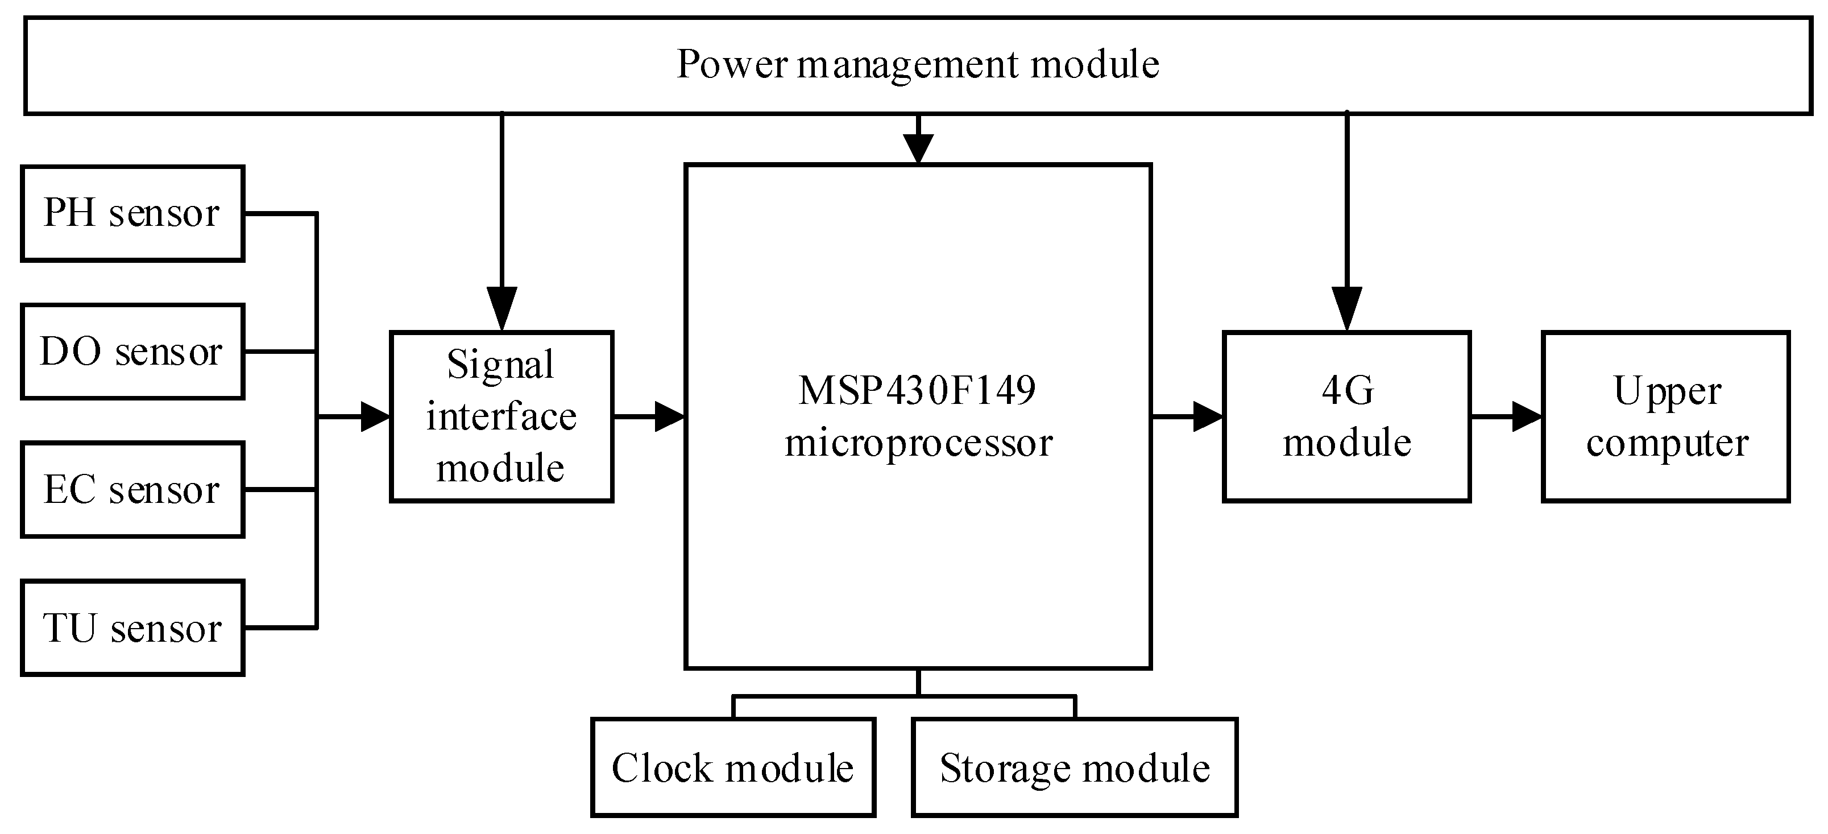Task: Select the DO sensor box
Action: (x=132, y=352)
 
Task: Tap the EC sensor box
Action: (x=132, y=490)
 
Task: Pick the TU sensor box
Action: (x=132, y=627)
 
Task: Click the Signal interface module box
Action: (x=501, y=416)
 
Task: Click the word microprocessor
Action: (x=918, y=443)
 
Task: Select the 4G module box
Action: (x=1346, y=416)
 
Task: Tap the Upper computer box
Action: (x=1665, y=416)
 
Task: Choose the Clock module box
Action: (x=733, y=767)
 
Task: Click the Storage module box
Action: (x=1075, y=767)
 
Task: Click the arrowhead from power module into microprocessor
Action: (x=918, y=150)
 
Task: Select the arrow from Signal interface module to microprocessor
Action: (x=649, y=416)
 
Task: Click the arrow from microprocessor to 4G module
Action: (x=1188, y=416)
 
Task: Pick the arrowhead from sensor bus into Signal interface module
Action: (x=375, y=416)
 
